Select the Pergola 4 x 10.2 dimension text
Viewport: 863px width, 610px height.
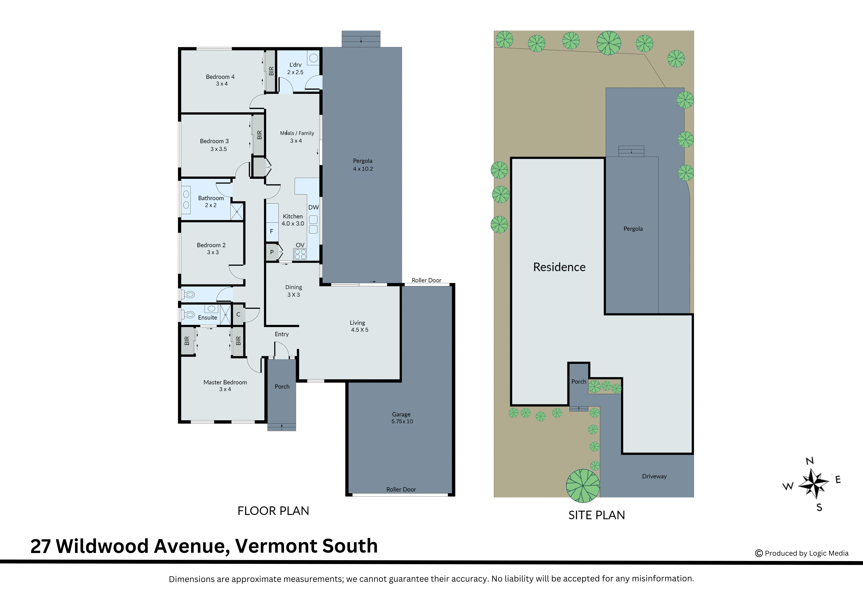coord(363,169)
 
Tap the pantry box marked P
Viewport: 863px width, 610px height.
coord(272,252)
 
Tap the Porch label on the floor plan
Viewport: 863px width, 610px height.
coord(282,387)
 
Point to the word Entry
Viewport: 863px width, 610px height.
coord(282,334)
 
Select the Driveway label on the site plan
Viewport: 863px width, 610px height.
coord(654,476)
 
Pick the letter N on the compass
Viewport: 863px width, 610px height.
coord(810,461)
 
